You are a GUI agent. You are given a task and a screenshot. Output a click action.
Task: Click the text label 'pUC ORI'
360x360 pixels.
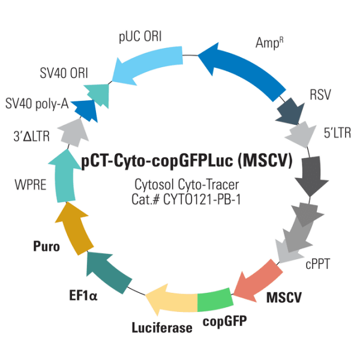(x=142, y=37)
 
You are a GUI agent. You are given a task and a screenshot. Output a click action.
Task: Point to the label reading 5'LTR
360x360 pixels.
(x=328, y=131)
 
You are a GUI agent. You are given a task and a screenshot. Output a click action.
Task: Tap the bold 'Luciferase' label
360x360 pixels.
(x=162, y=328)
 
